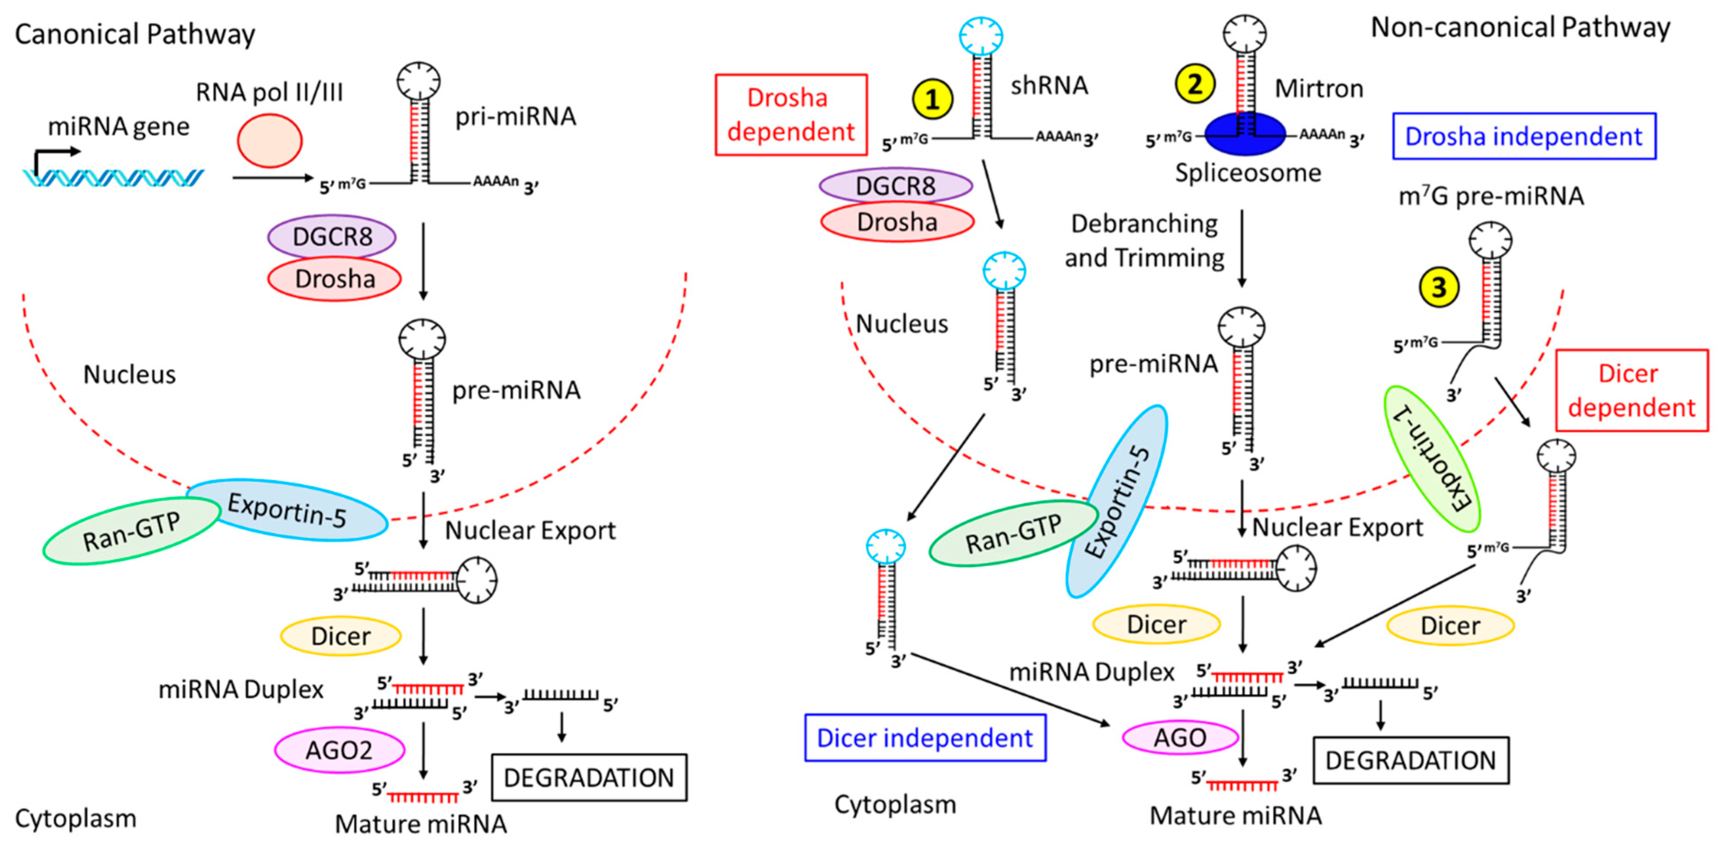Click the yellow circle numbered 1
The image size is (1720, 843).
(932, 100)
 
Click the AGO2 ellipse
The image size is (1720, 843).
(339, 750)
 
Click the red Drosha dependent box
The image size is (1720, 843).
(791, 115)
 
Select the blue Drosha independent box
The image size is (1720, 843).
(1524, 136)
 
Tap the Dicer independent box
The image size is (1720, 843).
(925, 738)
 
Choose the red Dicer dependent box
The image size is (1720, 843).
(1632, 390)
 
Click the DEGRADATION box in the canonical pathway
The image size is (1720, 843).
(589, 778)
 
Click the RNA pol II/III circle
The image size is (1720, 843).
(270, 140)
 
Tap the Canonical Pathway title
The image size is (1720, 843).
(135, 34)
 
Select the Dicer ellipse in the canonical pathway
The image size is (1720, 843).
(341, 635)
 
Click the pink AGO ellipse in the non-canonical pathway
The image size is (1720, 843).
(1180, 738)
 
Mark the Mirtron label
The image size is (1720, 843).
(1319, 88)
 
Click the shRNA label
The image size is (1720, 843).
(1049, 86)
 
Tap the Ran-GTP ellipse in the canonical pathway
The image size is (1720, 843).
(131, 531)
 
